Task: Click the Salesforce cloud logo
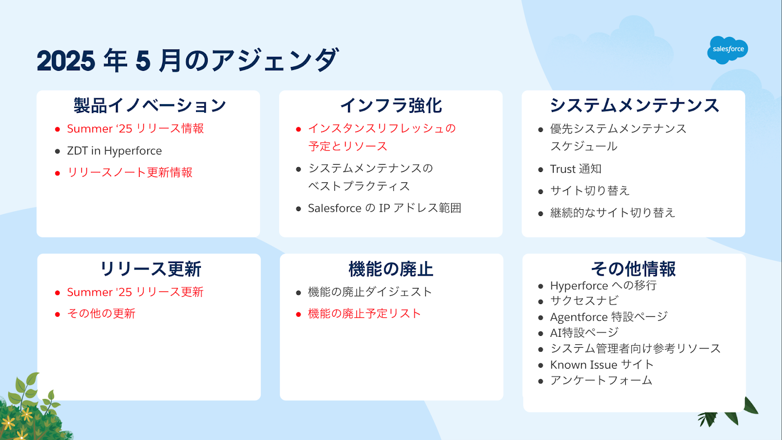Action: pos(728,50)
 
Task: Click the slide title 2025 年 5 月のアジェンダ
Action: pos(188,61)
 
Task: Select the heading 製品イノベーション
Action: pos(150,106)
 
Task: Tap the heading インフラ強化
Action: pos(391,106)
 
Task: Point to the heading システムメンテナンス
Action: pos(634,106)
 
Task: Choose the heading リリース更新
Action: pos(151,269)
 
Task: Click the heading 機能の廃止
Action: pos(391,269)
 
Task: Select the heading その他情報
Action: pos(633,269)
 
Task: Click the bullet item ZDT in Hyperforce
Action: pos(114,151)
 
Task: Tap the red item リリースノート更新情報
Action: pos(130,173)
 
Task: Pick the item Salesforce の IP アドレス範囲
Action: pos(384,208)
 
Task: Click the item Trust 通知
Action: pos(576,169)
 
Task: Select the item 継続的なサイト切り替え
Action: pos(613,213)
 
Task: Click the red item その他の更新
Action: pos(101,313)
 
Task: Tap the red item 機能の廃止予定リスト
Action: pos(365,313)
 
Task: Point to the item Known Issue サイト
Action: pos(602,365)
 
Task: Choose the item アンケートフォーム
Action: pos(601,380)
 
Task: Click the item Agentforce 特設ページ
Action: pos(609,317)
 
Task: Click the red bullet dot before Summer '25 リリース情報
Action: pos(57,130)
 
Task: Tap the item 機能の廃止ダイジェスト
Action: pos(370,292)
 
